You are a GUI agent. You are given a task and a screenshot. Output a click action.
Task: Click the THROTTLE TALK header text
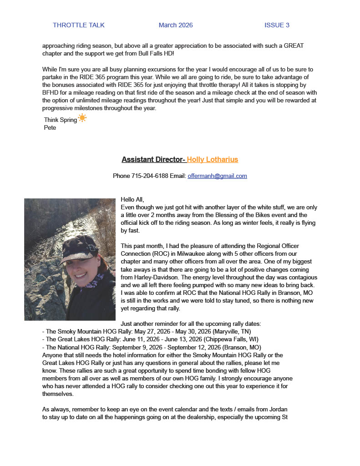click(x=79, y=25)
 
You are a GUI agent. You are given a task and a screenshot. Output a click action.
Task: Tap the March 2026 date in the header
click(x=176, y=25)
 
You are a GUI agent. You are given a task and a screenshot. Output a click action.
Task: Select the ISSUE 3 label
click(x=277, y=25)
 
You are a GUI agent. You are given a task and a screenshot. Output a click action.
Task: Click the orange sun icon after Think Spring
click(x=82, y=118)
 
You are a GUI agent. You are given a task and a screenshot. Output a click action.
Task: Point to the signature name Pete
click(x=50, y=127)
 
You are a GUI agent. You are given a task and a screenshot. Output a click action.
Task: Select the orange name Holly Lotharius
click(x=213, y=159)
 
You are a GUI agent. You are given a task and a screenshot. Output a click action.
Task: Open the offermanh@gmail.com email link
click(x=217, y=176)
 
